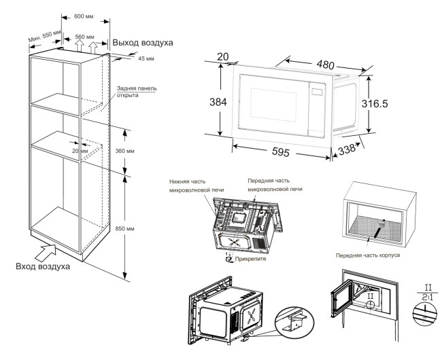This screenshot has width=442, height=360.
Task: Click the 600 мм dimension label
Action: [x=84, y=16]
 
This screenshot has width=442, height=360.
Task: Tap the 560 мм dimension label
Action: [x=84, y=37]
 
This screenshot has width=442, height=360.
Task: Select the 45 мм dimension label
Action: [x=146, y=58]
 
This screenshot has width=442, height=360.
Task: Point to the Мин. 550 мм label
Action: [x=44, y=36]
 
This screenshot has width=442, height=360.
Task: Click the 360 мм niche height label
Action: [x=124, y=151]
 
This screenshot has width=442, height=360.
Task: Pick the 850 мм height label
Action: [x=124, y=228]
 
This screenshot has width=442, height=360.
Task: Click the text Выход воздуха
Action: [x=143, y=43]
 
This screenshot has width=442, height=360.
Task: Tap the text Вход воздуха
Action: [x=43, y=266]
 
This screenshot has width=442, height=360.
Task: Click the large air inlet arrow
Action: [x=45, y=253]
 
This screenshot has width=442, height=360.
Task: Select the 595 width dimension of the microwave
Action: [x=280, y=152]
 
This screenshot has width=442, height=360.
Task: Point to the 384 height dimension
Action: [x=218, y=102]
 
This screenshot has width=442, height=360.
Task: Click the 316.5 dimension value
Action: [x=375, y=104]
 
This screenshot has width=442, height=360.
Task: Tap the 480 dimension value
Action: [x=325, y=65]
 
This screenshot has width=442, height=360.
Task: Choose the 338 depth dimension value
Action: [x=347, y=149]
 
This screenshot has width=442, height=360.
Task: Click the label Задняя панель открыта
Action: [x=137, y=92]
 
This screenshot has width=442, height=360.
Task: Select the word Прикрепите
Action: [x=250, y=259]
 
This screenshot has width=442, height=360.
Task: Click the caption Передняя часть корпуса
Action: [x=368, y=255]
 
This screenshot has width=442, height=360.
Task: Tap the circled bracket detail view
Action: [x=294, y=322]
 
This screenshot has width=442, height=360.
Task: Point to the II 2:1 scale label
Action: [x=428, y=292]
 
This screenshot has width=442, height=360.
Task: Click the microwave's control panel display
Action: [x=317, y=92]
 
